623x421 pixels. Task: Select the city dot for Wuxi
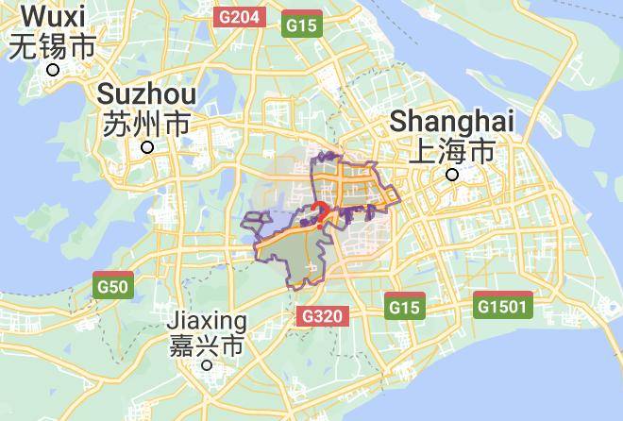(54, 69)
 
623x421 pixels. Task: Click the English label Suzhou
(146, 94)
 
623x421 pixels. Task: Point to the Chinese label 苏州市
(146, 124)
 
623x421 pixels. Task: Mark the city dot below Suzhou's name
(147, 147)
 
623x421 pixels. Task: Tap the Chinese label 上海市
(452, 151)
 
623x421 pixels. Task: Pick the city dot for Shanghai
(453, 175)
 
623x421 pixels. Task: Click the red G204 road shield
(238, 18)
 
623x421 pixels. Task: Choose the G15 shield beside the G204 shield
(302, 24)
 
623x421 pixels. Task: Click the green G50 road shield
(112, 283)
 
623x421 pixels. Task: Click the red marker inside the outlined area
(320, 211)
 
